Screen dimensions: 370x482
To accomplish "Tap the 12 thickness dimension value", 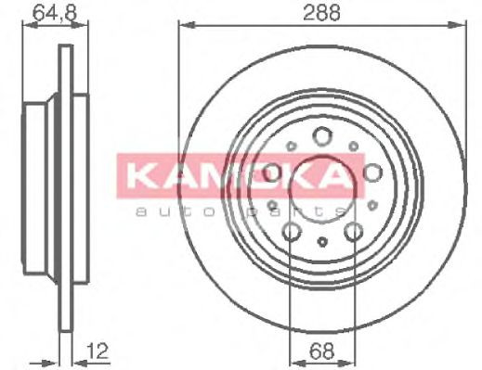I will click(x=97, y=351).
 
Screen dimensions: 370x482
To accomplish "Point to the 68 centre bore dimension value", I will click(x=320, y=351).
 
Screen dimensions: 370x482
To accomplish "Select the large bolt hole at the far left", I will click(x=272, y=173).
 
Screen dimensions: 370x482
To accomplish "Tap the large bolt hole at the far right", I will click(x=371, y=173).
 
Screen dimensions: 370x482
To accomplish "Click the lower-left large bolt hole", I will click(x=291, y=231).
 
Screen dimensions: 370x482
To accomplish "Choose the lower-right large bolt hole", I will click(x=353, y=231).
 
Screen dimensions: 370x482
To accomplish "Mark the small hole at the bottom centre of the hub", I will click(x=321, y=242).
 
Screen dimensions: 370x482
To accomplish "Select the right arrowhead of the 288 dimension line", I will click(x=461, y=25).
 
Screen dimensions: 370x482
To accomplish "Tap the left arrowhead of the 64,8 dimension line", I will click(x=28, y=25).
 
